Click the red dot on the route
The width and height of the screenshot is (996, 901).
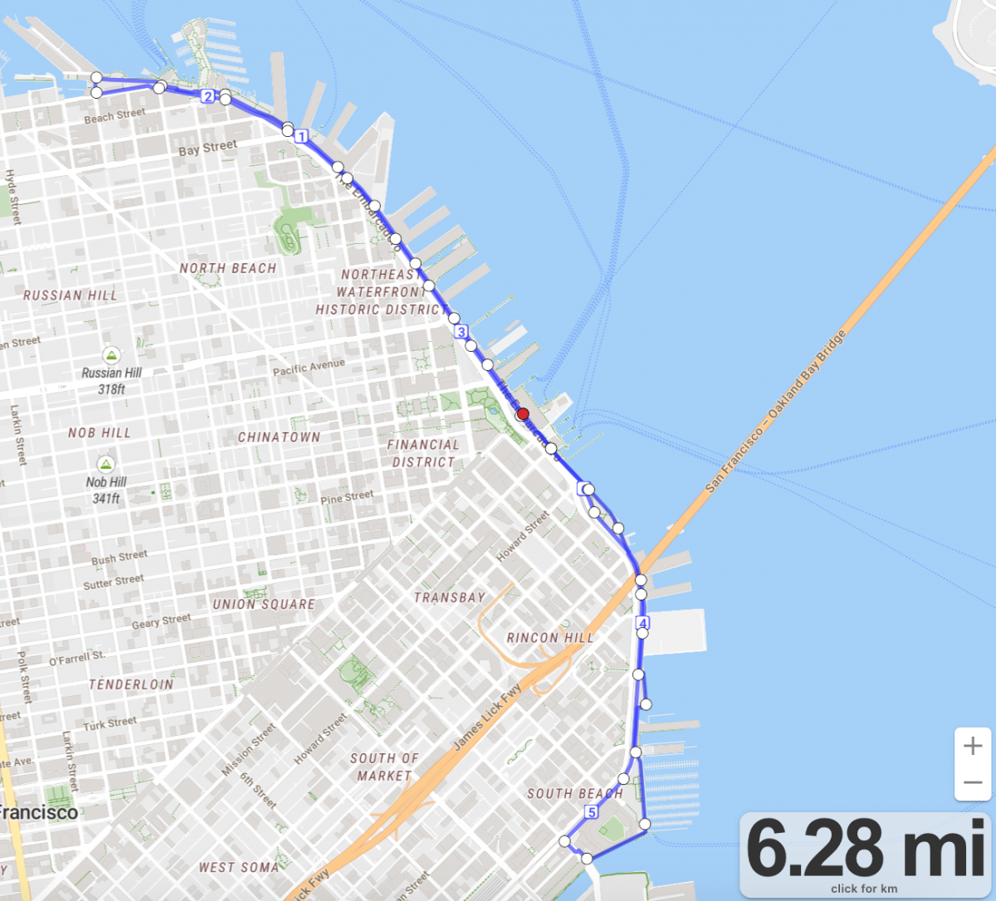523,414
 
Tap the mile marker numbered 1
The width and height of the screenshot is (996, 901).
301,136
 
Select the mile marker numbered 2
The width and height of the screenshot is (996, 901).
207,96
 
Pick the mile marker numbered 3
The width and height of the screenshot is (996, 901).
461,332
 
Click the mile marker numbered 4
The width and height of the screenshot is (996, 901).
642,623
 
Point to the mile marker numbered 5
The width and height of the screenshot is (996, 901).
592,811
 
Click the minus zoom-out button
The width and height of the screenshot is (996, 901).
973,782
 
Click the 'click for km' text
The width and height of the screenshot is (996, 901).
864,889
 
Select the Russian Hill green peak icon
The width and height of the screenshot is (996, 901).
111,356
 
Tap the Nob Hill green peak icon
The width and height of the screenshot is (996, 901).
105,464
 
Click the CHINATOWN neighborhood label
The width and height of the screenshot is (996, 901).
279,437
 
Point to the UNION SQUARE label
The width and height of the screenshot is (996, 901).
264,605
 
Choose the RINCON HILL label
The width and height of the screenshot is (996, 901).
550,638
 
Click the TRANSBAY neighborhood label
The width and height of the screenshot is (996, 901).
450,597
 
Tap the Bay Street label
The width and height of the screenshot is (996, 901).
207,149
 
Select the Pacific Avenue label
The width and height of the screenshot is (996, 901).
309,367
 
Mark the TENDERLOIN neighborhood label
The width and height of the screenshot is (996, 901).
131,684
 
